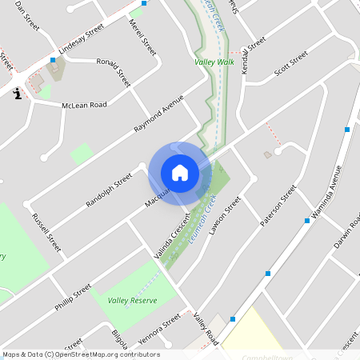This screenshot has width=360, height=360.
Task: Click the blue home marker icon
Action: pyautogui.click(x=180, y=173)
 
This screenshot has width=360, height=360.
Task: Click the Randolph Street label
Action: pyautogui.click(x=109, y=191)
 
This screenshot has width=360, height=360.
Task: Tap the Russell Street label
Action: pyautogui.click(x=46, y=232)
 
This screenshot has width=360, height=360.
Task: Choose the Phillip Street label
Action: pyautogui.click(x=73, y=292)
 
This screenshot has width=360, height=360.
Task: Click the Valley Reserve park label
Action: pyautogui.click(x=132, y=300)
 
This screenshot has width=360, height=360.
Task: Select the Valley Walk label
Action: pyautogui.click(x=214, y=62)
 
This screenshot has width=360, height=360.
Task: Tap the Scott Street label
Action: pyautogui.click(x=290, y=63)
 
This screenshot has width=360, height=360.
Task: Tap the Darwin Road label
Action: pyautogui.click(x=346, y=230)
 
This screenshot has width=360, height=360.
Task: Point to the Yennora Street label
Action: pyautogui.click(x=160, y=327)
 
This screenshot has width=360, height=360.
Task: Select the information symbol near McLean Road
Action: pyautogui.click(x=17, y=94)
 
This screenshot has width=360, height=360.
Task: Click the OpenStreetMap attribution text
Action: pyautogui.click(x=81, y=354)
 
